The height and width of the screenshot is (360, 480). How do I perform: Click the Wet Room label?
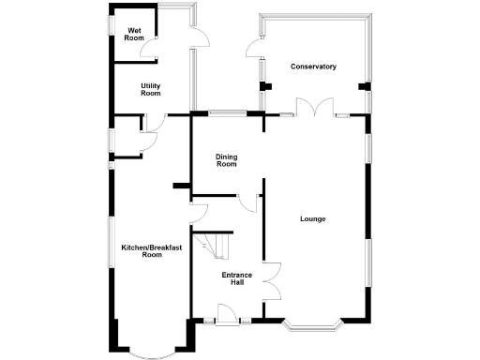click(x=134, y=35)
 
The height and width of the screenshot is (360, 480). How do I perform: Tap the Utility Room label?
click(x=151, y=89)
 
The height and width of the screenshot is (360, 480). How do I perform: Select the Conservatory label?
click(x=313, y=67)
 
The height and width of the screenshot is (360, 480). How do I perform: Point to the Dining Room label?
click(x=226, y=160)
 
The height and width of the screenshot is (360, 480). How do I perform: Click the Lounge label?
click(x=312, y=219)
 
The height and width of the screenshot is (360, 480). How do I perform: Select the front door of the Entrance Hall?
click(x=226, y=316)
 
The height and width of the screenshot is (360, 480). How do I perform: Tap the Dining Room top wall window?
click(x=228, y=114)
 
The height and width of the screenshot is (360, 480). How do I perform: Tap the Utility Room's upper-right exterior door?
click(x=198, y=35)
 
